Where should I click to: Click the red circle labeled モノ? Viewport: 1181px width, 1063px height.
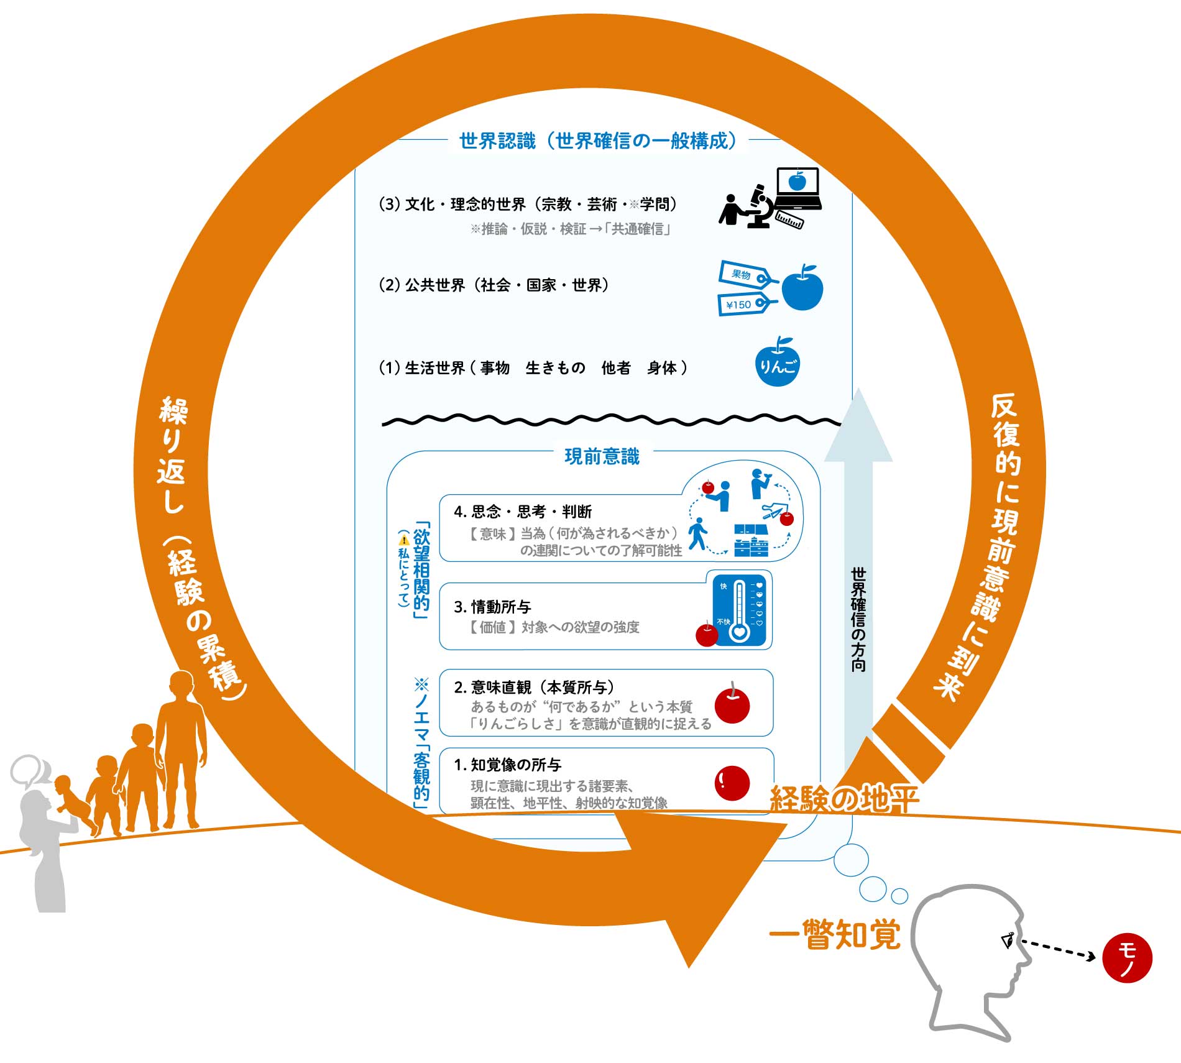1126,958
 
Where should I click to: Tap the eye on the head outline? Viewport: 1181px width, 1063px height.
1008,940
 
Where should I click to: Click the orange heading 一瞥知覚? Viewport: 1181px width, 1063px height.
834,934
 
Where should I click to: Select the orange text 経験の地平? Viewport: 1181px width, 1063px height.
843,799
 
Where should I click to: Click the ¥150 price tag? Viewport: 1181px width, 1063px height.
744,304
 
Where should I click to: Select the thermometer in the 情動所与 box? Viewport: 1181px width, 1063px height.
739,611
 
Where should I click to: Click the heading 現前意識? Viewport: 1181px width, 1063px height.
602,456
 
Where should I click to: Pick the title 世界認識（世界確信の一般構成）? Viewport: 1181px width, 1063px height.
597,141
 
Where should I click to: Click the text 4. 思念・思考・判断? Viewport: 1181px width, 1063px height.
523,512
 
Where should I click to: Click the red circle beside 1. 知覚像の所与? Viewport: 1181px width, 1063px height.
732,783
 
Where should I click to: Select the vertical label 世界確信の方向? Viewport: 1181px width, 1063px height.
858,618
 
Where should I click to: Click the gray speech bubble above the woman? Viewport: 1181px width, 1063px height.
29,771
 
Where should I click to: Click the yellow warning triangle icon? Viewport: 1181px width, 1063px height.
404,539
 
